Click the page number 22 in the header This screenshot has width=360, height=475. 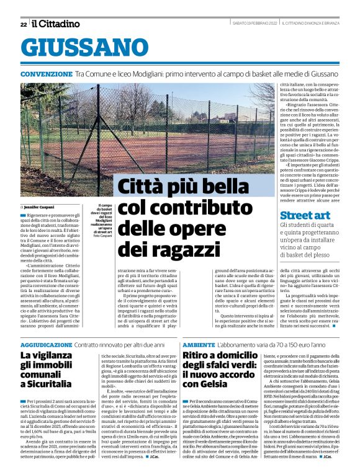tap(23, 24)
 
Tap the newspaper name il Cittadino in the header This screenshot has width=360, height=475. tap(55, 24)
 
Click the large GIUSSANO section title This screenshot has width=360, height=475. tap(89, 48)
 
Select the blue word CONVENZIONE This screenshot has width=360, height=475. tap(46, 74)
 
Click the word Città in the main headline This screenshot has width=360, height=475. tap(142, 187)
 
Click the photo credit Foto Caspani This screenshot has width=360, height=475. tap(102, 236)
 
